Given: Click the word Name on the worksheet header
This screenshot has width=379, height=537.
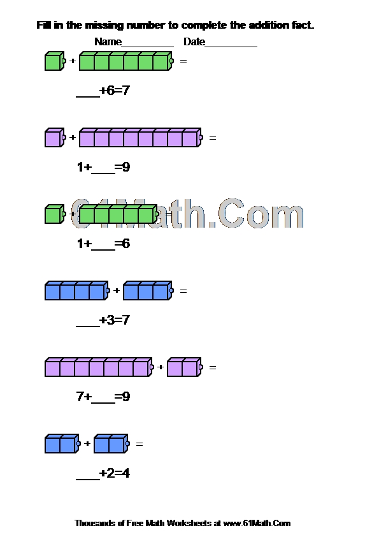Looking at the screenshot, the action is click(x=108, y=42).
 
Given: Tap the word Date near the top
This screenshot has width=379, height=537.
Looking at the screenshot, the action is click(x=194, y=42).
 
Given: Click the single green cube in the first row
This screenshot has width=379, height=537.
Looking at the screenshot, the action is click(x=55, y=61).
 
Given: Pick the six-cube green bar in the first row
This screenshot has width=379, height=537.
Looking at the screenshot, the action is click(x=126, y=61).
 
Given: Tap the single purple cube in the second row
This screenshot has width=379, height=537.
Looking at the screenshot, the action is click(x=55, y=138).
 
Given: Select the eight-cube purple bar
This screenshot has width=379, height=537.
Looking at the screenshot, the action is click(x=141, y=138).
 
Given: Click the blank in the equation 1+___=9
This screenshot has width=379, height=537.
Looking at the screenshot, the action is click(x=103, y=173).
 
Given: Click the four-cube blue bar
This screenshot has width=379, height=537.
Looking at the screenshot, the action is click(x=77, y=291).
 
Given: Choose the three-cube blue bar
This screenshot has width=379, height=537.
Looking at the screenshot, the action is click(x=148, y=291).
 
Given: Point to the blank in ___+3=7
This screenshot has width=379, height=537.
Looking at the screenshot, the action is click(x=87, y=327).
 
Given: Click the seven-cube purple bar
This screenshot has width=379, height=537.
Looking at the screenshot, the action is click(x=99, y=367).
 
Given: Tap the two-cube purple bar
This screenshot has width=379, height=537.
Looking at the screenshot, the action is click(x=185, y=367).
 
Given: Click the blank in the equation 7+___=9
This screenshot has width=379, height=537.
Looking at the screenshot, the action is click(x=103, y=403).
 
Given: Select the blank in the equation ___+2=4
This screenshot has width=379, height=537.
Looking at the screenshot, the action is click(x=87, y=480).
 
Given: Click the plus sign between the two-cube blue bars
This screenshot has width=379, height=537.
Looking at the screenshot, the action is click(x=87, y=443).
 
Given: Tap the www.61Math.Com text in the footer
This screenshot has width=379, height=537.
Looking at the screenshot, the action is click(x=257, y=524).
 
